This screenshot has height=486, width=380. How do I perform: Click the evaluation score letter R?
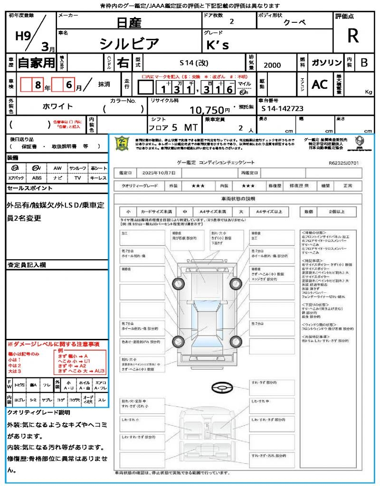pos(353,36)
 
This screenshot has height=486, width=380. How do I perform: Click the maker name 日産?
pos(128,22)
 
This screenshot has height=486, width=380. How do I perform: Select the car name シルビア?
pos(129,44)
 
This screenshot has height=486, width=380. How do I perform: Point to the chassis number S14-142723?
pos(282,109)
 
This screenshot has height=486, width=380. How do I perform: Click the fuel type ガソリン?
pos(326,63)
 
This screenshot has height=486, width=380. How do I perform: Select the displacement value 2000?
pos(272,65)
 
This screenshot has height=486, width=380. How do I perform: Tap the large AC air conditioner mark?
pos(320,84)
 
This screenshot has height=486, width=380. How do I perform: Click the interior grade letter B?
pos(364,63)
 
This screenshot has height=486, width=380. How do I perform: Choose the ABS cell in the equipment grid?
pos(37,178)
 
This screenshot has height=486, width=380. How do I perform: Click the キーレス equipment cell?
pos(98,178)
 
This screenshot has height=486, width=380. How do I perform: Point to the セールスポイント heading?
pos(30,188)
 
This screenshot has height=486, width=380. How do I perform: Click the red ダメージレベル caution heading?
pos(53,344)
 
